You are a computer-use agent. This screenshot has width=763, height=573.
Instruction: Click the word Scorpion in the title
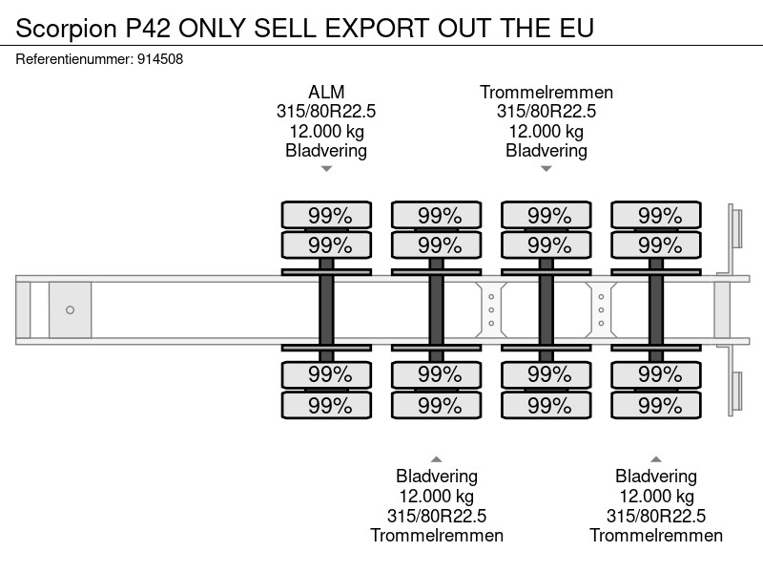(66, 29)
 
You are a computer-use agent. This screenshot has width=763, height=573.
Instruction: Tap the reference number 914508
(160, 59)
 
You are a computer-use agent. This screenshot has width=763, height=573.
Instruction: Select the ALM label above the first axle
(326, 92)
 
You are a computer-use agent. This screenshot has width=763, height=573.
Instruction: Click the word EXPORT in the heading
(378, 28)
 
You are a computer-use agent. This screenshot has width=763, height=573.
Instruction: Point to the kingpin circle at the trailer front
(70, 309)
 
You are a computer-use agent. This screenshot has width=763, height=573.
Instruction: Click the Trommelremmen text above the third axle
(546, 92)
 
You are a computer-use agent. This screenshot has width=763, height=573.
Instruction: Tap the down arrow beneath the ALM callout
(326, 169)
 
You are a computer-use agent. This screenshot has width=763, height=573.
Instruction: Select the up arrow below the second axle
(437, 459)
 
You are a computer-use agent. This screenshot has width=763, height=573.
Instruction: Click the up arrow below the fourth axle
(656, 459)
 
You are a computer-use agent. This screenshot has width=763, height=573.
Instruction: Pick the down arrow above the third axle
(546, 169)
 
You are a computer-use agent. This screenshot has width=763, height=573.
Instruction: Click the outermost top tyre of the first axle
(326, 215)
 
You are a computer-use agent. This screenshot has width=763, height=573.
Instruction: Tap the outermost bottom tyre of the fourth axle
(656, 405)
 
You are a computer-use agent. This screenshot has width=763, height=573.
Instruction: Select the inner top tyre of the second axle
(437, 245)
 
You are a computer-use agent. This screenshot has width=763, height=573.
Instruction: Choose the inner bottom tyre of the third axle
(546, 374)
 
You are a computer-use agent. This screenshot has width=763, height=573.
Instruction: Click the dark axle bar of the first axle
(326, 309)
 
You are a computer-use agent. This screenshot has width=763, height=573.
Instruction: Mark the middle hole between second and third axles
(491, 309)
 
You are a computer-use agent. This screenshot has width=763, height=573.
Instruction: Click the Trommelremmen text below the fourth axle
(656, 536)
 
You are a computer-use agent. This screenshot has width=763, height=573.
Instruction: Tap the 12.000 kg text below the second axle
(437, 497)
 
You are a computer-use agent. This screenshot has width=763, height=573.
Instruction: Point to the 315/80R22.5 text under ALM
(326, 112)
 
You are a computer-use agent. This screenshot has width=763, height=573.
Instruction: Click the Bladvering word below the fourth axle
(656, 477)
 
